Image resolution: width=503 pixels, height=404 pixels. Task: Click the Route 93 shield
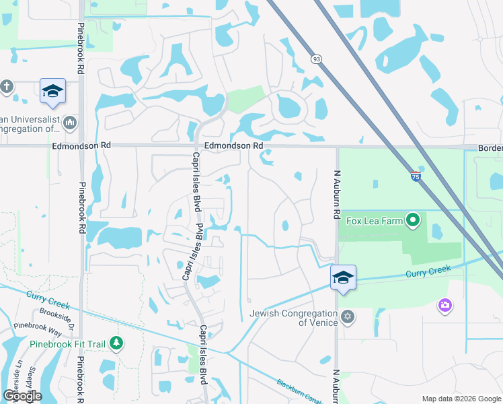click(x=316, y=60)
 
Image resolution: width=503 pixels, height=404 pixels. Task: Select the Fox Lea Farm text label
click(x=374, y=220)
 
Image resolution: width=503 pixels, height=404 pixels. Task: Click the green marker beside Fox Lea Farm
click(x=414, y=220)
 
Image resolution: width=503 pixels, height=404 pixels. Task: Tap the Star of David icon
click(x=348, y=316)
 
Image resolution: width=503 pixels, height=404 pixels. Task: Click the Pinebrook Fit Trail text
click(x=68, y=344)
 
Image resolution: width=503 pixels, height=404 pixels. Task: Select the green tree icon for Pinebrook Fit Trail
click(x=116, y=343)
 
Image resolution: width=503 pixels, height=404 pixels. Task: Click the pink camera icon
click(x=444, y=306)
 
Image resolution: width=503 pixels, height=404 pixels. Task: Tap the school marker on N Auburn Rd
click(x=343, y=277)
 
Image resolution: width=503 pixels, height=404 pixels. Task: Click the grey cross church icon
click(x=7, y=86)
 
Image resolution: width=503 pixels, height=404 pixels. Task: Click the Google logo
click(x=22, y=396)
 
